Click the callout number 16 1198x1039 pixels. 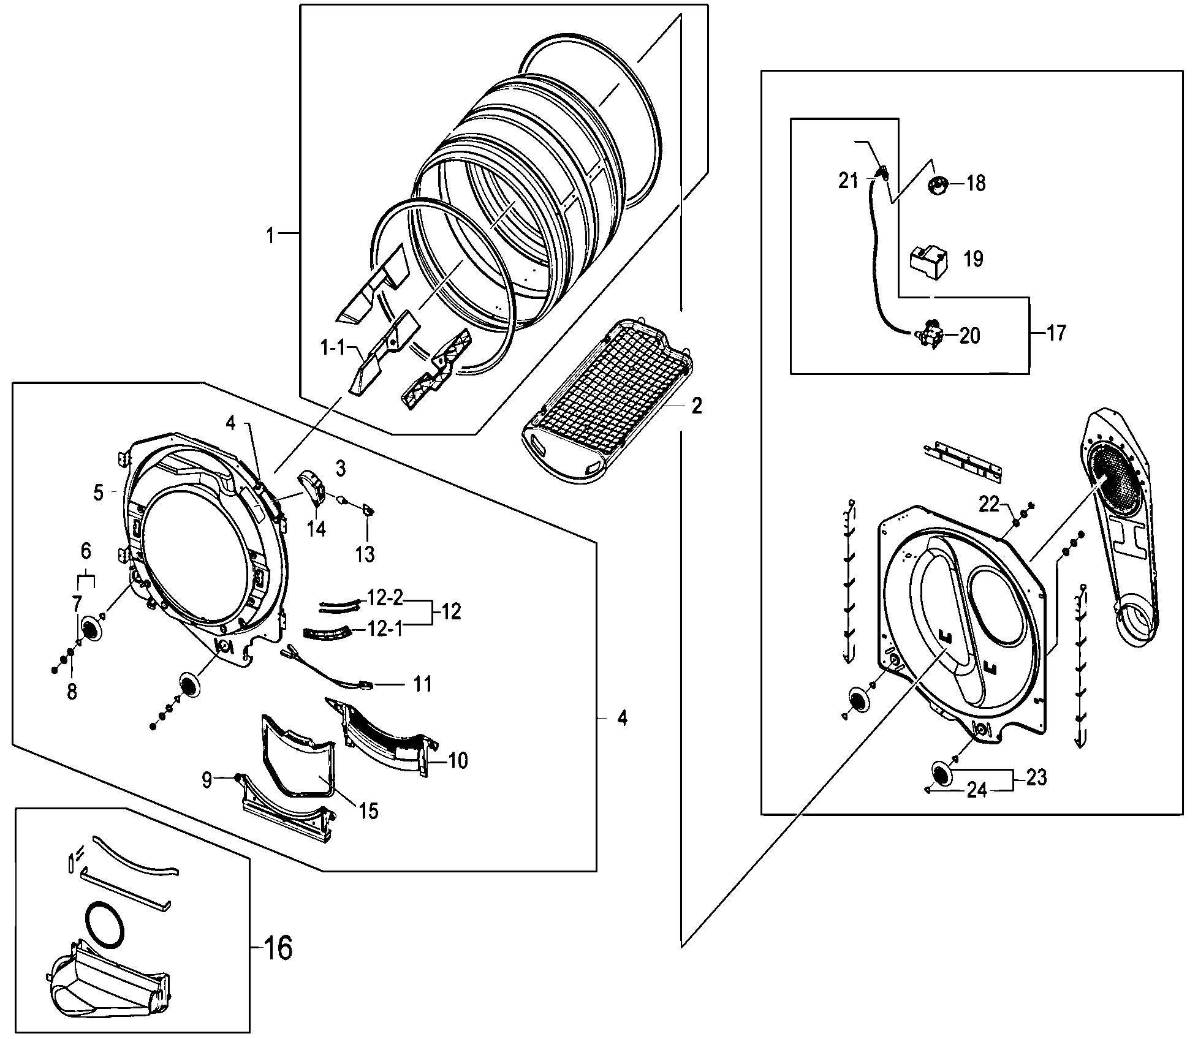click(278, 949)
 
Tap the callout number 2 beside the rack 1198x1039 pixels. click(697, 406)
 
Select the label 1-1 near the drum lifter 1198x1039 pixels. click(333, 349)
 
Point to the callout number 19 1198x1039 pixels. click(973, 259)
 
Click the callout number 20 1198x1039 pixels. click(969, 336)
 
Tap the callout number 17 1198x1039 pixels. click(1056, 333)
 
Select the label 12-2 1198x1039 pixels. click(385, 598)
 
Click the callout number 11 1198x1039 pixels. click(423, 684)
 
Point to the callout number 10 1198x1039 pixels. click(458, 761)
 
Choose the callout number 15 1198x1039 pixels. click(369, 811)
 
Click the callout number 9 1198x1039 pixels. click(207, 780)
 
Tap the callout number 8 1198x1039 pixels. click(72, 692)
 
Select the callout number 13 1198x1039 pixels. click(365, 554)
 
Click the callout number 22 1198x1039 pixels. click(989, 504)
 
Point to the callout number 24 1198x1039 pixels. click(977, 791)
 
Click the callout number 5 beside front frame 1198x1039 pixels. click(99, 493)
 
